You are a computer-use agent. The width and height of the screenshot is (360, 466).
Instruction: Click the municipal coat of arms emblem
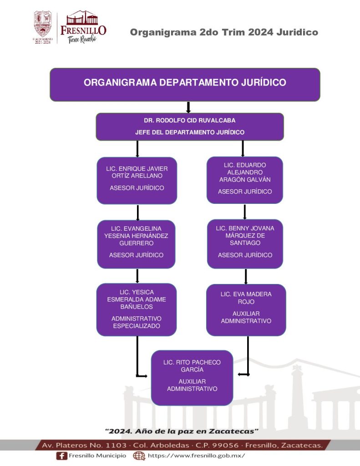[x=43, y=25]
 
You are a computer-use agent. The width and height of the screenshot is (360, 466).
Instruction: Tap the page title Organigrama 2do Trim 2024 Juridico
[x=224, y=32]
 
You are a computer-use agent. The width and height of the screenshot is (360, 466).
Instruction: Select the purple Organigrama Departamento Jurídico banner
[x=185, y=84]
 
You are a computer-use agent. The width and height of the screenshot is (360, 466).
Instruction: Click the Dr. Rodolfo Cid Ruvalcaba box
[x=190, y=127]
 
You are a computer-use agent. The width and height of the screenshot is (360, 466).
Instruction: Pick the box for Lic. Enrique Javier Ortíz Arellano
[x=137, y=180]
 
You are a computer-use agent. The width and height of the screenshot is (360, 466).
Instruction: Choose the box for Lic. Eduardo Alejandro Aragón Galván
[x=245, y=180]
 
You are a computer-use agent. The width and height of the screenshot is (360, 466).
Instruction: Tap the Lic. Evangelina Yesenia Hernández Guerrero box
[x=137, y=244]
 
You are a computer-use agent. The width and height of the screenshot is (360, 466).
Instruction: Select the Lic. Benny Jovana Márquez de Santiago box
[x=245, y=243]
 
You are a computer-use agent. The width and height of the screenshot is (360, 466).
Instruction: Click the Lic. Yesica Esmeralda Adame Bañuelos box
[x=137, y=309]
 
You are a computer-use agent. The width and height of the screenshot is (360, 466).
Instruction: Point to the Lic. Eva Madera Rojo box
[x=246, y=309]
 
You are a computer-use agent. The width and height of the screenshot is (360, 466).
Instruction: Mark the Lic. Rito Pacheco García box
[x=192, y=377]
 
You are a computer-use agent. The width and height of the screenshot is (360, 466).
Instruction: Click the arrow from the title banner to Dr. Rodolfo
[x=188, y=107]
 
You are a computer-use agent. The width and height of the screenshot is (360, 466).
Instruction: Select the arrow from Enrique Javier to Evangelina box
[x=137, y=212]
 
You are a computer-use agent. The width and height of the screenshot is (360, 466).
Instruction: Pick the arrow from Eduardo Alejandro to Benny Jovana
[x=245, y=211]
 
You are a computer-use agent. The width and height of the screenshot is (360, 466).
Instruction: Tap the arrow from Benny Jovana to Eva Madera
[x=246, y=276]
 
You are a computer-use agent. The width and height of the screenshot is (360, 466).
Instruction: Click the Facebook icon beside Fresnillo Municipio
[x=61, y=456]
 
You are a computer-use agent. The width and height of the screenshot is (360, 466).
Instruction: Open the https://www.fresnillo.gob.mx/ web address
[x=196, y=456]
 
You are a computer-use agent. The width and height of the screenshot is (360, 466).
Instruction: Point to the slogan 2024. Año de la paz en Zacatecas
[x=182, y=431]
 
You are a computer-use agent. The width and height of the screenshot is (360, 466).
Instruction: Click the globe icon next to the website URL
[x=139, y=456]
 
